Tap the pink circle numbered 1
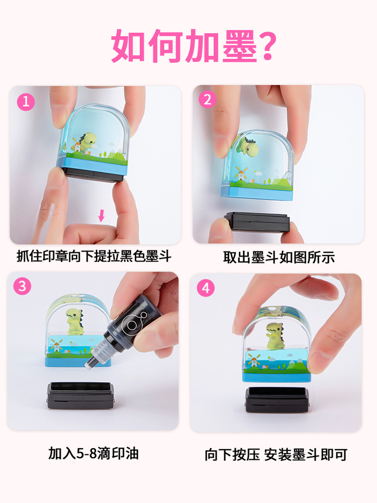[x=26, y=102]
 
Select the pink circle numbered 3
[x=22, y=286]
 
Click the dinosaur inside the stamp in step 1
[x=88, y=141]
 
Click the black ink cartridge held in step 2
[x=256, y=222]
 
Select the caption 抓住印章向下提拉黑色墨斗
[x=94, y=257]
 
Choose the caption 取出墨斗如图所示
[x=279, y=258]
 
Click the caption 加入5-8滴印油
[x=93, y=453]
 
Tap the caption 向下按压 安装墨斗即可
[x=275, y=454]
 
